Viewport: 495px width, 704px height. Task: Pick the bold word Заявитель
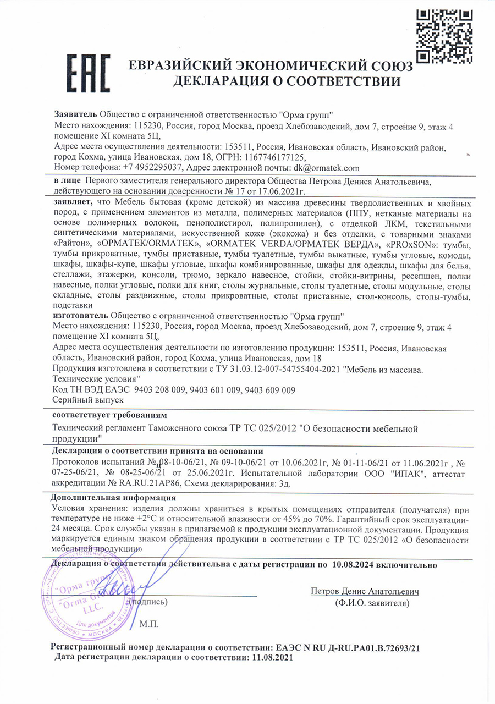(x=75, y=114)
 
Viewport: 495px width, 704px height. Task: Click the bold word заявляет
(x=73, y=202)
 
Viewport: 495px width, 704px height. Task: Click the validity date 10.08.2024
(x=353, y=564)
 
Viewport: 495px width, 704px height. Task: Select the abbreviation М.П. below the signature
(x=149, y=624)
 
